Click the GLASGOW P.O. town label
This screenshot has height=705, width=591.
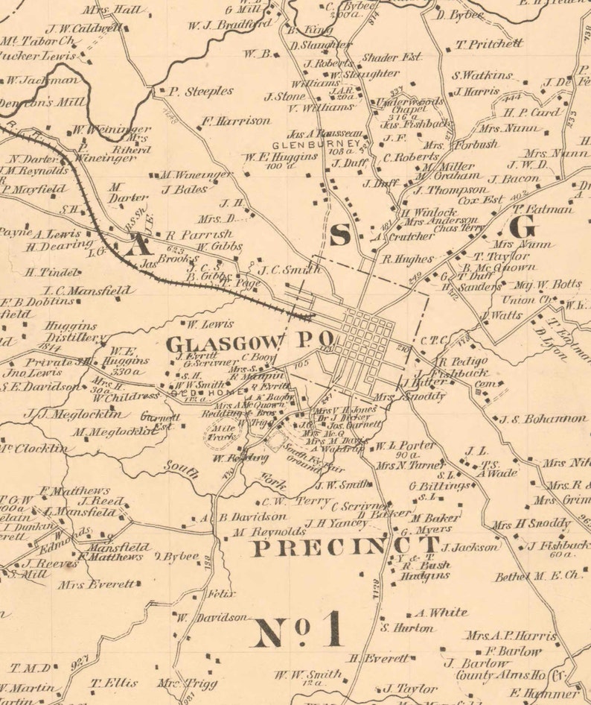coord(249,344)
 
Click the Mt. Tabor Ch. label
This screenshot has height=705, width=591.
coord(39,42)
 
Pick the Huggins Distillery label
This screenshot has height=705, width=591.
coord(71,332)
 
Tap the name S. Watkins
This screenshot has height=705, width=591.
coord(482,75)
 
